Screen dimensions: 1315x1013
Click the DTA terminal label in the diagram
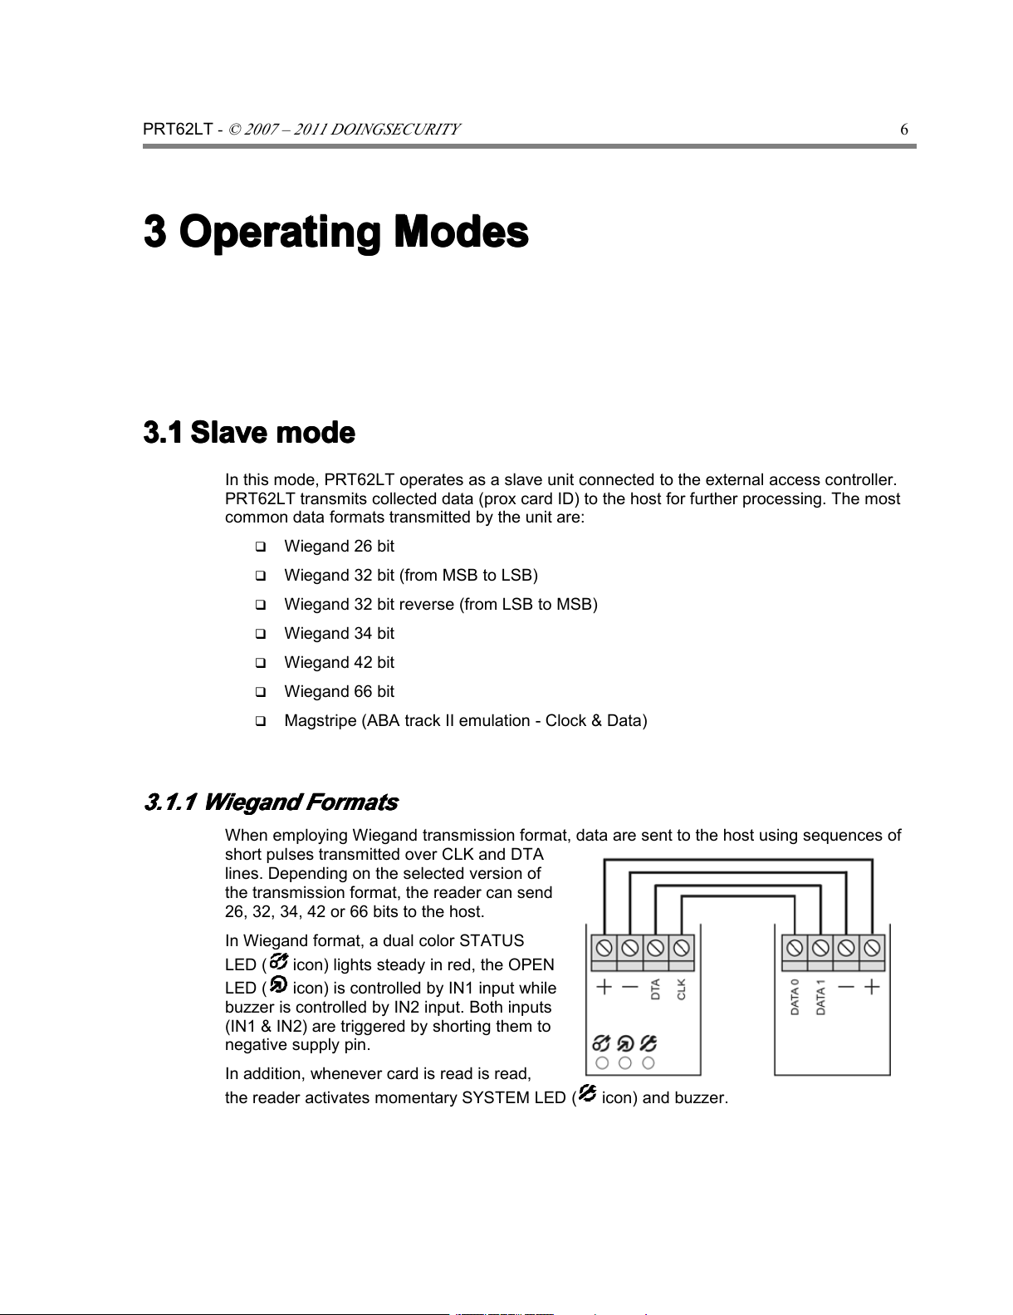(x=655, y=989)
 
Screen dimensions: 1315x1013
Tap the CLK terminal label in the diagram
(x=682, y=989)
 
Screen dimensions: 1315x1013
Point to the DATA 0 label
(x=795, y=997)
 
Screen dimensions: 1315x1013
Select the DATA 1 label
(x=820, y=997)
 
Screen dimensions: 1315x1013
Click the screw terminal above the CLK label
(x=682, y=948)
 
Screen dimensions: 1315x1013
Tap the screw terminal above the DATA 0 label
(x=795, y=948)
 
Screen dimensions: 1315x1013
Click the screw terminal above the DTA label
(x=656, y=948)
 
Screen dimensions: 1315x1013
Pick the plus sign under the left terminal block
(x=604, y=987)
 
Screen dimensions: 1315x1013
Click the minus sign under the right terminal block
(x=846, y=987)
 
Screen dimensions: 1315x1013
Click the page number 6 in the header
(x=904, y=129)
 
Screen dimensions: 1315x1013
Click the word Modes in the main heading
(x=461, y=232)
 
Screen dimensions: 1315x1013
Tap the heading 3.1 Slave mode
(x=249, y=433)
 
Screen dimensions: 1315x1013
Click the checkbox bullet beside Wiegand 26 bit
(x=260, y=547)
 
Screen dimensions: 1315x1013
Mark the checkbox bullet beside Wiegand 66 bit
(x=260, y=692)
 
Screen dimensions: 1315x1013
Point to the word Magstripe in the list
(x=320, y=721)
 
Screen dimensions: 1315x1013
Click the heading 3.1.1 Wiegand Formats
(x=271, y=802)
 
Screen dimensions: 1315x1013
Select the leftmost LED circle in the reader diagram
(x=602, y=1062)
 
